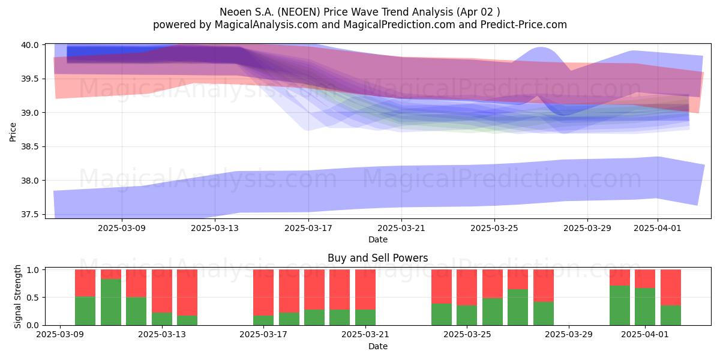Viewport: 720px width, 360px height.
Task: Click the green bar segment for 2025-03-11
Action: (111, 302)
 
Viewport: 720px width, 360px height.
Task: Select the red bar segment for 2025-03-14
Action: (187, 293)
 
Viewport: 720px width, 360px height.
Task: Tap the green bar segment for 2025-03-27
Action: (518, 307)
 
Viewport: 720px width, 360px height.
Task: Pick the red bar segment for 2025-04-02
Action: (671, 287)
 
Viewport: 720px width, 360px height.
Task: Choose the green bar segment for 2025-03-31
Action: (620, 305)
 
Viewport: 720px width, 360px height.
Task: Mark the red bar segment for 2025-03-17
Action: (263, 293)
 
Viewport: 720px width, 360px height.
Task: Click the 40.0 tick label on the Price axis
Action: (29, 45)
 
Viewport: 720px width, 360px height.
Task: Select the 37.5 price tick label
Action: (29, 215)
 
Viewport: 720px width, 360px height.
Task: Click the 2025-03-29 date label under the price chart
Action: (587, 228)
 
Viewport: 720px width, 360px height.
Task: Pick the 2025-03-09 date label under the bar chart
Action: (60, 335)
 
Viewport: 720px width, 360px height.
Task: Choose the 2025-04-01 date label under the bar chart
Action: (645, 335)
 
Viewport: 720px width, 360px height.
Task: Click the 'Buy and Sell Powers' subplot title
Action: (377, 258)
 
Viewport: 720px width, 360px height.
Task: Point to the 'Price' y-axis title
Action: (13, 132)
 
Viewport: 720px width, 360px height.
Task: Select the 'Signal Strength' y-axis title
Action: (17, 296)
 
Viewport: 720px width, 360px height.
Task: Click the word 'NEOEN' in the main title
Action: (299, 12)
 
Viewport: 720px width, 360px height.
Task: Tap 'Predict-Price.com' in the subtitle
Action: (524, 25)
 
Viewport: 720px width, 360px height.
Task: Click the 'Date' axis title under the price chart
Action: (378, 239)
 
